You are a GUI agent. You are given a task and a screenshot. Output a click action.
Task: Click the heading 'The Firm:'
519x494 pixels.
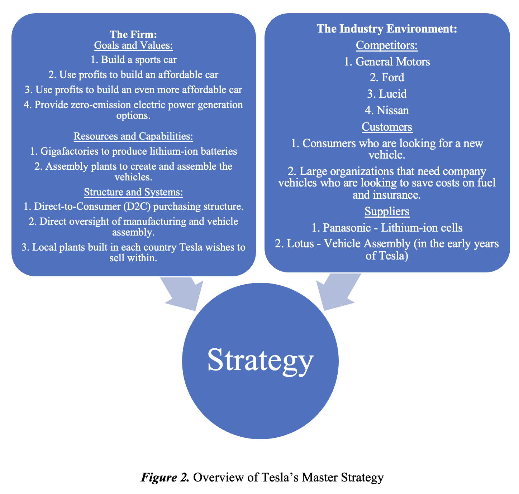[x=133, y=34]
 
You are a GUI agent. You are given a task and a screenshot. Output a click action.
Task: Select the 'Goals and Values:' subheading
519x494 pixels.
[x=133, y=45]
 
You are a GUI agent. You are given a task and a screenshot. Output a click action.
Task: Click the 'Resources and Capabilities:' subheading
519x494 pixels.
[x=133, y=136]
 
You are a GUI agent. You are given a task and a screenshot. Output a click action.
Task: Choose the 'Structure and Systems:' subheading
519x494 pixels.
[x=133, y=192]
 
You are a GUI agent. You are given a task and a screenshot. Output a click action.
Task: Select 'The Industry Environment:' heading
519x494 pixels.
[x=387, y=29]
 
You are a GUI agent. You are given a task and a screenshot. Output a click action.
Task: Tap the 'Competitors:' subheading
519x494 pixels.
[x=387, y=45]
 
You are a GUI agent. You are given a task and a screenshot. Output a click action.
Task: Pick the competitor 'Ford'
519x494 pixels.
[x=393, y=78]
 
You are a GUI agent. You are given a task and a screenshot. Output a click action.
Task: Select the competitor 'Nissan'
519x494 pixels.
[x=392, y=110]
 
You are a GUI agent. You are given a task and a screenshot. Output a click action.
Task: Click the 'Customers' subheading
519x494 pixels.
[x=387, y=127]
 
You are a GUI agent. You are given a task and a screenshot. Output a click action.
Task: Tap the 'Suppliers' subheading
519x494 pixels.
[x=387, y=212]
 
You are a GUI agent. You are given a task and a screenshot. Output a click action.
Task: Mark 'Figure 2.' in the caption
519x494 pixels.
[x=165, y=478]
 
